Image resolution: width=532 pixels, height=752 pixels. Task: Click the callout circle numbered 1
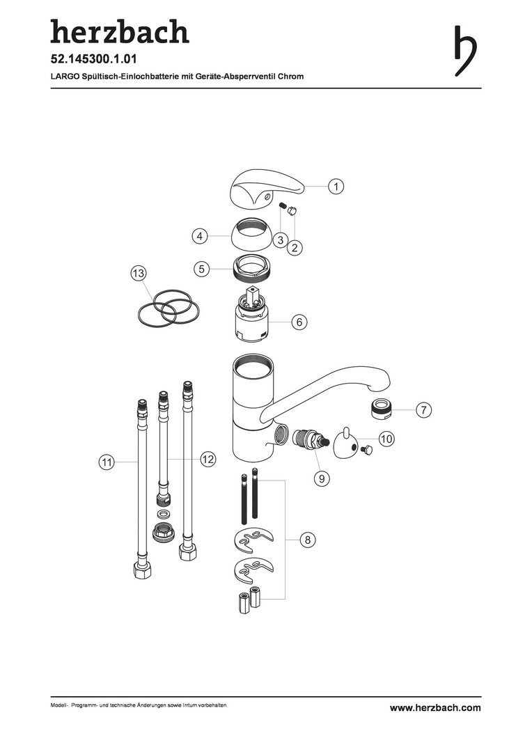click(x=336, y=186)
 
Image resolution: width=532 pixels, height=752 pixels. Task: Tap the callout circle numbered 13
click(x=139, y=274)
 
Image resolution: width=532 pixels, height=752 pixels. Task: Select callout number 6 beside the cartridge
click(x=299, y=322)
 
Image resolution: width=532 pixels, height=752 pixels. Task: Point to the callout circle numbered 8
click(x=308, y=540)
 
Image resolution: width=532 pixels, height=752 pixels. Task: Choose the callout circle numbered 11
click(x=107, y=462)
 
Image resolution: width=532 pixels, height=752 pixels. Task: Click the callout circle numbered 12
click(x=208, y=460)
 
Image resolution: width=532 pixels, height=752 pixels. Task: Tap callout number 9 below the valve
click(x=322, y=478)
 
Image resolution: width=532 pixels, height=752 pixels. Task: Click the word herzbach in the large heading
click(x=120, y=31)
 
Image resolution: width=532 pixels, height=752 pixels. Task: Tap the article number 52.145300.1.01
click(x=93, y=59)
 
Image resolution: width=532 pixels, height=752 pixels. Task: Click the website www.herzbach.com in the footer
click(x=435, y=707)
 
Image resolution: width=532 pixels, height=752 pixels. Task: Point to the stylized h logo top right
click(x=465, y=50)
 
